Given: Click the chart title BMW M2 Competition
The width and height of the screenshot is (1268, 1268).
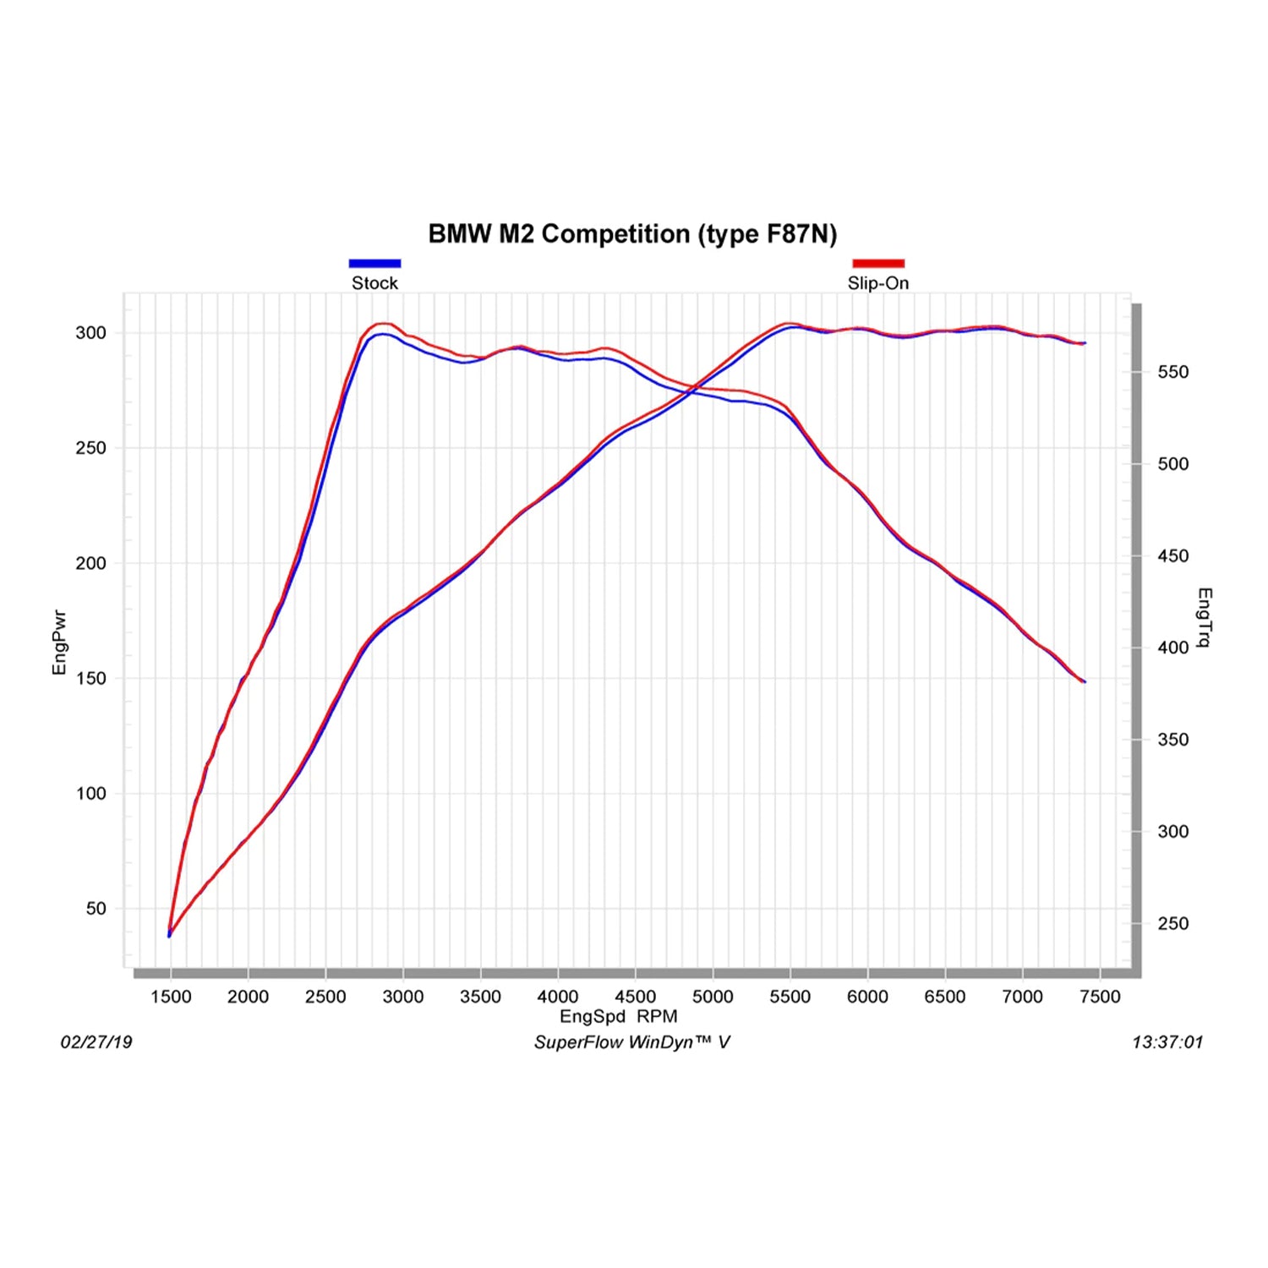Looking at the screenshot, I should tap(632, 233).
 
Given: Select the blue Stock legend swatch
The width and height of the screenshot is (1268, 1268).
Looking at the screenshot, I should tap(374, 264).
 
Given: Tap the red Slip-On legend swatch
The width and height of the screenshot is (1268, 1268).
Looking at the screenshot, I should tap(878, 264).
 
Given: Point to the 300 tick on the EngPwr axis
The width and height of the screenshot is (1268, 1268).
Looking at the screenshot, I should tap(91, 333).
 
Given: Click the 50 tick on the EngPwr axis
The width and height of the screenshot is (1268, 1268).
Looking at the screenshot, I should tap(96, 909).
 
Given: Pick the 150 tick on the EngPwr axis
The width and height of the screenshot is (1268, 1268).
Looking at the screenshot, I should tap(91, 679).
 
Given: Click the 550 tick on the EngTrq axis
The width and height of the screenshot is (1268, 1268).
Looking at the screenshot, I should tap(1172, 372).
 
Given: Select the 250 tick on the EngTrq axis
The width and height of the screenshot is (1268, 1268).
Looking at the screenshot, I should tap(1172, 924).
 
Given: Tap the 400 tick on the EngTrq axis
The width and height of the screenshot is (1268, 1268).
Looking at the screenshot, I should tap(1172, 648).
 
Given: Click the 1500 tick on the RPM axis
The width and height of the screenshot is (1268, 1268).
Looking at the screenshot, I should tap(171, 997).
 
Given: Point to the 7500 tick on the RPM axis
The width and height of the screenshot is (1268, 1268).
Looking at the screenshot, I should tap(1100, 997).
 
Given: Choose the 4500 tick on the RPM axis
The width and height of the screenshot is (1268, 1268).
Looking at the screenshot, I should tap(636, 997).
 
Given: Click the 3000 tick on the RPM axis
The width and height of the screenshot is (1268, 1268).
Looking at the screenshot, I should tap(403, 997).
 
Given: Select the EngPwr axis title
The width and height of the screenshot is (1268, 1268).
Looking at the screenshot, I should tap(59, 642).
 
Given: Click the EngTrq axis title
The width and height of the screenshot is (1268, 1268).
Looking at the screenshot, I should tap(1205, 617).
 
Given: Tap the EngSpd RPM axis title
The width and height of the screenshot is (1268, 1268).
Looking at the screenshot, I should tap(618, 1017).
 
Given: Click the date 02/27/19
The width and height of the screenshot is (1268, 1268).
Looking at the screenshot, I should tap(96, 1042).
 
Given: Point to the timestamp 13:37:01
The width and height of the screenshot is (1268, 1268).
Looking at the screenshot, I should tap(1167, 1042).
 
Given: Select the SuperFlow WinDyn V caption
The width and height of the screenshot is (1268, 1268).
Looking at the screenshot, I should tap(631, 1042).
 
